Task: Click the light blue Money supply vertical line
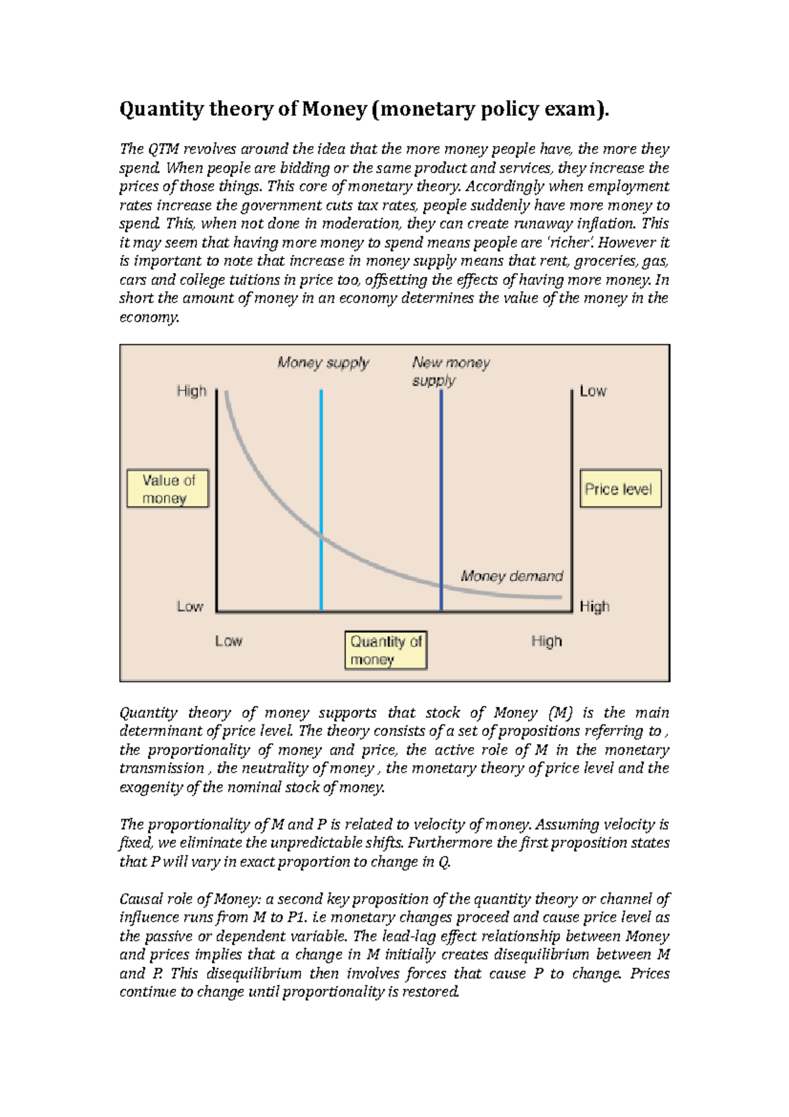[321, 460]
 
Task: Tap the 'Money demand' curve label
[512, 576]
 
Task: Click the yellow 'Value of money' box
[168, 489]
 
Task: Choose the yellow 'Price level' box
[619, 489]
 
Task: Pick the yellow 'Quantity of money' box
[386, 650]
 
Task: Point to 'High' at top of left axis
[191, 391]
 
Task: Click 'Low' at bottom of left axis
[189, 607]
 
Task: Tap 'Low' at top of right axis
[592, 391]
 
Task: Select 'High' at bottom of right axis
[594, 607]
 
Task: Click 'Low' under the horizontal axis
[228, 641]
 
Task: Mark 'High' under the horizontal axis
[546, 641]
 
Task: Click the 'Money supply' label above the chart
[323, 362]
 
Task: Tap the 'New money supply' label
[450, 371]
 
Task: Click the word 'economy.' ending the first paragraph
[149, 317]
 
